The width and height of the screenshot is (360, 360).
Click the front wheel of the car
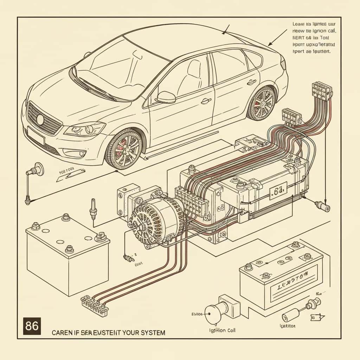tap(123, 148)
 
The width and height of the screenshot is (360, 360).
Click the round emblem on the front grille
tap(40, 120)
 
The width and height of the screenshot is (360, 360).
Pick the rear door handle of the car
tap(251, 82)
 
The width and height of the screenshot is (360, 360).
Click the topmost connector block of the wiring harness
tap(322, 91)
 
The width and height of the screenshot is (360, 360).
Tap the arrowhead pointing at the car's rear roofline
tap(270, 45)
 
